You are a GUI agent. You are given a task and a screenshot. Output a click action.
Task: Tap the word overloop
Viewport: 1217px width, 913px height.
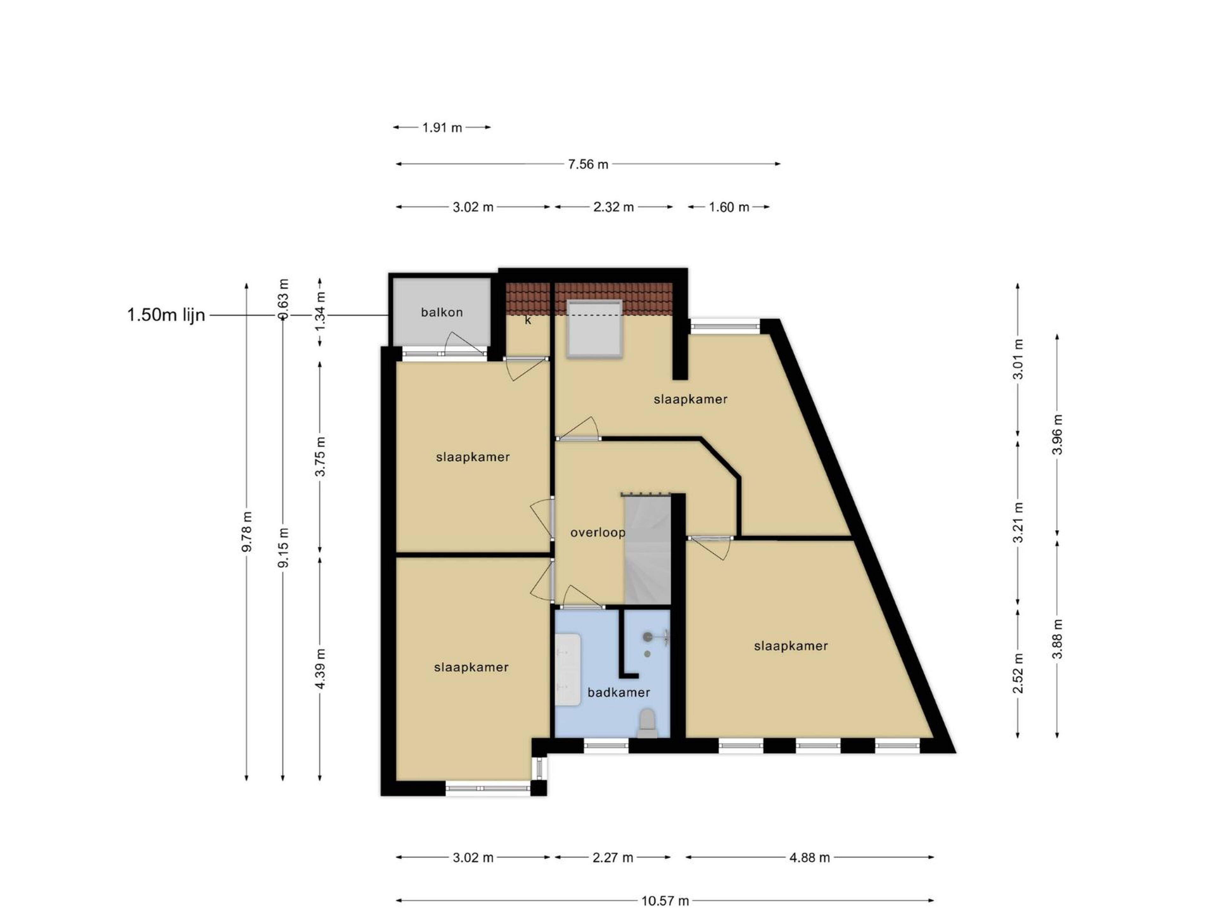point(597,533)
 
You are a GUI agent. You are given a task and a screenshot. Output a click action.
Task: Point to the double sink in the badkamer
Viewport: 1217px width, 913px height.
point(568,669)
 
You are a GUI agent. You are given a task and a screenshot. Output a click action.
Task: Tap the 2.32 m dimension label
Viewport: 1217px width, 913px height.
point(614,207)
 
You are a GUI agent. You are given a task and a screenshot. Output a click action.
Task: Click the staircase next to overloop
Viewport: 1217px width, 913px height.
point(647,549)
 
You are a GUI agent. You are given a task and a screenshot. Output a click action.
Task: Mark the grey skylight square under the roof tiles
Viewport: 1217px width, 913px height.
point(595,329)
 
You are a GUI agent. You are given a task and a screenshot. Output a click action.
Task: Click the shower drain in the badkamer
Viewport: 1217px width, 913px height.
point(647,654)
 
